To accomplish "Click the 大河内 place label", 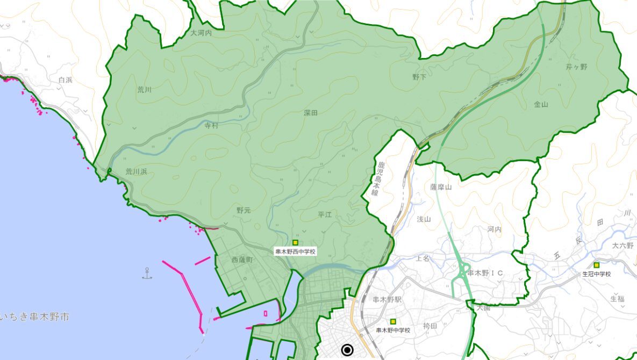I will (202, 33).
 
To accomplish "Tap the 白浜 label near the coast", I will (65, 80).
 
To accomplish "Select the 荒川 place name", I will (145, 90).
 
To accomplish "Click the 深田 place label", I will (311, 113).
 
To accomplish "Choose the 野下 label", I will (419, 77).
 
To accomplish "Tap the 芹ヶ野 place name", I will (576, 67).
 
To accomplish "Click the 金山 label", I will (541, 104).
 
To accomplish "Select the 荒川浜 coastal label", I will (136, 172).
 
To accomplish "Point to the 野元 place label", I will (244, 211).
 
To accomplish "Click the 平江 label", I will (325, 214).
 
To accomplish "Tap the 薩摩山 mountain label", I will (441, 187).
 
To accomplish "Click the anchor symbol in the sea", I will (147, 273).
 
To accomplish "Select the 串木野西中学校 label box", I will (295, 251).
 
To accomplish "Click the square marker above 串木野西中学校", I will (295, 243).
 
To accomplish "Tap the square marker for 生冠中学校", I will (597, 265).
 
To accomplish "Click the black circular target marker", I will (347, 350).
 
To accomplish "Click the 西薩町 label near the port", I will (242, 260).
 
